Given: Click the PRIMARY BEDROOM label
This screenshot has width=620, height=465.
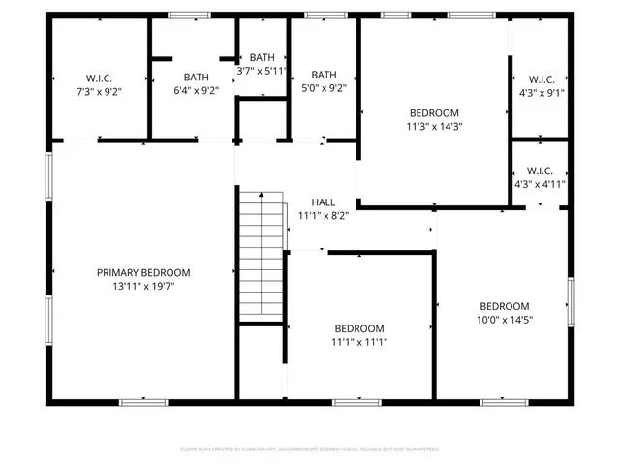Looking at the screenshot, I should click(x=143, y=273).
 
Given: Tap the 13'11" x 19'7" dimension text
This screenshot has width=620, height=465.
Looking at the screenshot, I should click(x=143, y=286).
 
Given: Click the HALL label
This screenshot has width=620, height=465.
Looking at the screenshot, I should click(x=324, y=202).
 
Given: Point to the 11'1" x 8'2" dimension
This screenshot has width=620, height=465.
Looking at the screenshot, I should click(x=324, y=215).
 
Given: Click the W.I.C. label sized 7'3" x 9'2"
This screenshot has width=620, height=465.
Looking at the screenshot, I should click(x=100, y=77).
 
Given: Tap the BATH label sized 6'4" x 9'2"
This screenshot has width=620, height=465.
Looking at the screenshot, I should click(x=197, y=77).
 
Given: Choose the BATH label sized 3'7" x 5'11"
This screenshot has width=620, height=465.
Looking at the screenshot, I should click(x=262, y=58).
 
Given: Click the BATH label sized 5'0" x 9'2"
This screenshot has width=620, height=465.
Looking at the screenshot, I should click(x=324, y=75).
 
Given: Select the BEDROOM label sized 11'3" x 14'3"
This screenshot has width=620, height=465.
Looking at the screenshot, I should click(x=434, y=112).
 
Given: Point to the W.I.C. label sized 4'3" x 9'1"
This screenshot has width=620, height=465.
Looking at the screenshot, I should click(x=541, y=79).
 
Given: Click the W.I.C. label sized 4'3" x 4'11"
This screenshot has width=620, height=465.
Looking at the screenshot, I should click(x=541, y=170).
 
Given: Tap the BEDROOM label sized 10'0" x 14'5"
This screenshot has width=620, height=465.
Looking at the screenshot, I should click(x=505, y=306).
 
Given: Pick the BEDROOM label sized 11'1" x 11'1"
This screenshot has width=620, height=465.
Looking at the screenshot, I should click(x=359, y=328).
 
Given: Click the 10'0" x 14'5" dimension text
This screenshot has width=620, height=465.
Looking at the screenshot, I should click(x=505, y=319).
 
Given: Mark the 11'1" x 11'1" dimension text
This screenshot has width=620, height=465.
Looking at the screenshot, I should click(x=359, y=341).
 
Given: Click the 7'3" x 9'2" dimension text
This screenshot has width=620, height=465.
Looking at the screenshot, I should click(x=100, y=90).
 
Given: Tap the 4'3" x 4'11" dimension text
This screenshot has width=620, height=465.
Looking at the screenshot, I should click(x=541, y=183).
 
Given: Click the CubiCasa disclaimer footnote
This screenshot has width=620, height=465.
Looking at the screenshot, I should click(x=310, y=449).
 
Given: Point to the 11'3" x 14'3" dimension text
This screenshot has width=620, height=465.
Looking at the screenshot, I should click(x=434, y=125).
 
